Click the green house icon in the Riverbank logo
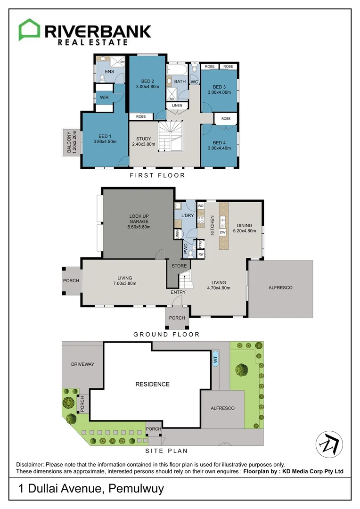[x=30, y=30]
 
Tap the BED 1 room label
[x=105, y=136]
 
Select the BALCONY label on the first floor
[x=69, y=141]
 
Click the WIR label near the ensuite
[x=104, y=98]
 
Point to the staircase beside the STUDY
[x=171, y=136]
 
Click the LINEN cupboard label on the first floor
[x=177, y=106]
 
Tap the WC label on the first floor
[x=194, y=82]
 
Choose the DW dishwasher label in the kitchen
[x=223, y=232]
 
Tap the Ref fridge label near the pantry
[x=201, y=254]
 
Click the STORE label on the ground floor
[x=179, y=266]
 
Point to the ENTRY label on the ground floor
[x=178, y=292]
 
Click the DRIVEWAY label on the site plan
[x=83, y=364]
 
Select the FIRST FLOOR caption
[x=157, y=175]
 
